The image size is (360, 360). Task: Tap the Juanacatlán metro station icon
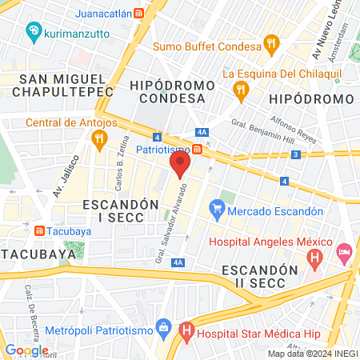(x=139, y=14)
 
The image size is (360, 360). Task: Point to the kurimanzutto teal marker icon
(x=33, y=31)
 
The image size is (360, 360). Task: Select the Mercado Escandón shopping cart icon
(x=216, y=211)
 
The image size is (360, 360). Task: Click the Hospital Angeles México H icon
(x=315, y=259)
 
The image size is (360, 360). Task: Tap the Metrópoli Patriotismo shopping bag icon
(x=164, y=326)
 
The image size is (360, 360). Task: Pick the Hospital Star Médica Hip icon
(x=186, y=328)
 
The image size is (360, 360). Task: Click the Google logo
(x=26, y=350)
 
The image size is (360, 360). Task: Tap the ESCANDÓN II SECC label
(x=261, y=277)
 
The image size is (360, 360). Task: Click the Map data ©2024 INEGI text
(x=311, y=354)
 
